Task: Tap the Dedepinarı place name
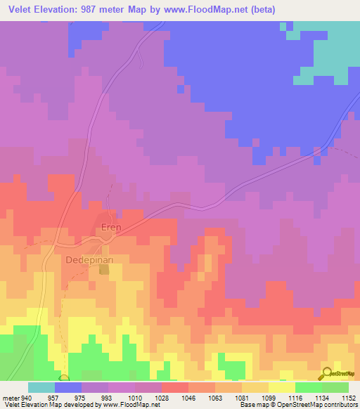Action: click(x=90, y=259)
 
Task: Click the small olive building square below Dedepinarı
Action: click(x=105, y=269)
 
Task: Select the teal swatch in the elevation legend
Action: click(x=41, y=387)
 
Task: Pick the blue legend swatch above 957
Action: click(x=68, y=387)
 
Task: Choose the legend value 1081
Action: click(x=229, y=397)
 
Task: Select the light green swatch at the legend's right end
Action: click(x=335, y=387)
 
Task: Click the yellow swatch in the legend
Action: click(x=282, y=387)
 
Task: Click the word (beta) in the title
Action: click(x=259, y=10)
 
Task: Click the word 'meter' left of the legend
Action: click(x=10, y=397)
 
